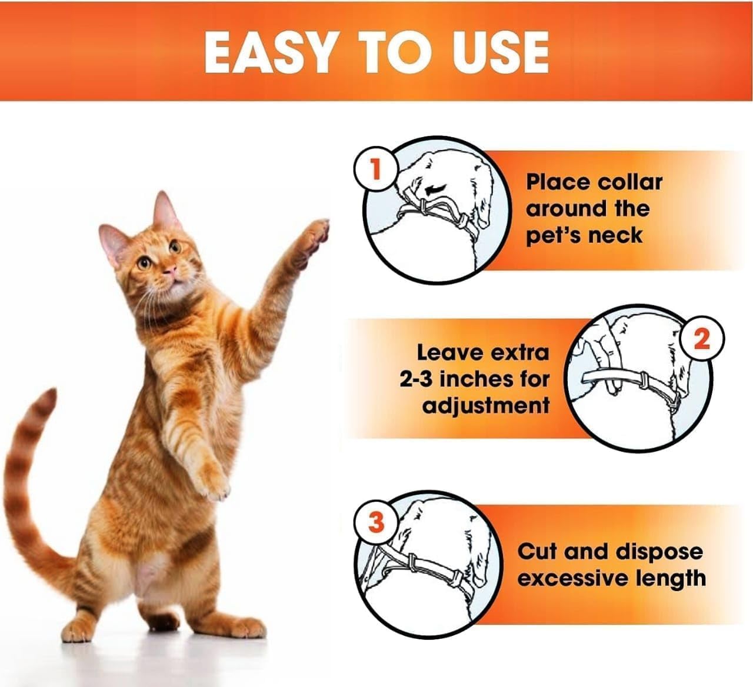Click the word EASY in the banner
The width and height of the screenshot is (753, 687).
click(x=269, y=52)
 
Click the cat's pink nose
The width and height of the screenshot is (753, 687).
click(x=171, y=269)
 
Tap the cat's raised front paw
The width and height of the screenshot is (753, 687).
click(x=318, y=236)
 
